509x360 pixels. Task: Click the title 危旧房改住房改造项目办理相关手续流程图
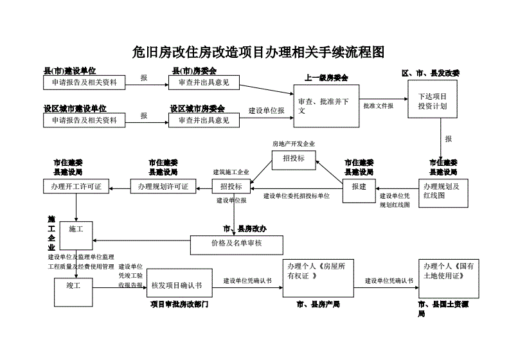257,52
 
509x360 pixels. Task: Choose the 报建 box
359,186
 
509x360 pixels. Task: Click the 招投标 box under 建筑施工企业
231,186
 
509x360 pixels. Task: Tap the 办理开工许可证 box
72,186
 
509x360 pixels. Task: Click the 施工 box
76,229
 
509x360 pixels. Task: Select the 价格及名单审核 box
237,244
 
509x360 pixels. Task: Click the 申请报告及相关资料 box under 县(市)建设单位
80,82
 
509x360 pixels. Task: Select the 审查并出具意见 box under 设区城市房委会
203,120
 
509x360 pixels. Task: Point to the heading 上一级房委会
326,78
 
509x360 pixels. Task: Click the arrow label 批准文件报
378,105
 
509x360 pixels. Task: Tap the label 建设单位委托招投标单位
296,195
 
